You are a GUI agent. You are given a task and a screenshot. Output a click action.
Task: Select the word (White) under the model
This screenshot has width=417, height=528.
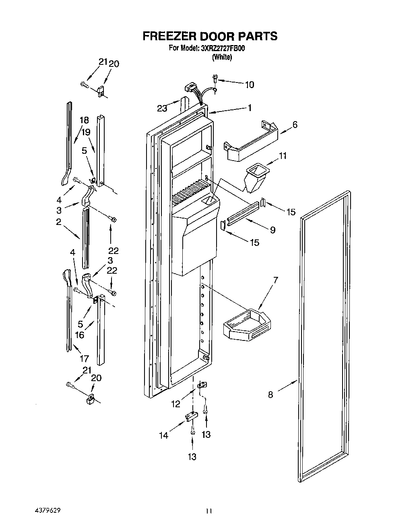222,57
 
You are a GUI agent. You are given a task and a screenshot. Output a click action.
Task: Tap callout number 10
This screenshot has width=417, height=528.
249,85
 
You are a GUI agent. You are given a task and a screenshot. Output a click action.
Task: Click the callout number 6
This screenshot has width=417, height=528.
295,125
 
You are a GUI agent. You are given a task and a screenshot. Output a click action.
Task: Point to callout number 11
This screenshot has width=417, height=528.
283,156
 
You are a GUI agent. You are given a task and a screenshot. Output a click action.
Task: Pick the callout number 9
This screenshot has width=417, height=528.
272,230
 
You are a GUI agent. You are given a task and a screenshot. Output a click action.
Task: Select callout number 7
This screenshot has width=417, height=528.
276,280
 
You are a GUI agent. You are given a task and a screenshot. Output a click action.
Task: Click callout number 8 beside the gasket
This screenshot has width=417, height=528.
270,395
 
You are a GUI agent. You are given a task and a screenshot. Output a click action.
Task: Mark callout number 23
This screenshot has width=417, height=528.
162,108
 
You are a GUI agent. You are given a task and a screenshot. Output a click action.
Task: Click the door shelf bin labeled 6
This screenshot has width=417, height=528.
252,141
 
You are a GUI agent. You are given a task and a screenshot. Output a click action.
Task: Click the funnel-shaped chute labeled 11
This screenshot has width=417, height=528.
255,178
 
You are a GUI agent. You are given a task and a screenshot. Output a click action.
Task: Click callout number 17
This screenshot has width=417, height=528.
84,359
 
